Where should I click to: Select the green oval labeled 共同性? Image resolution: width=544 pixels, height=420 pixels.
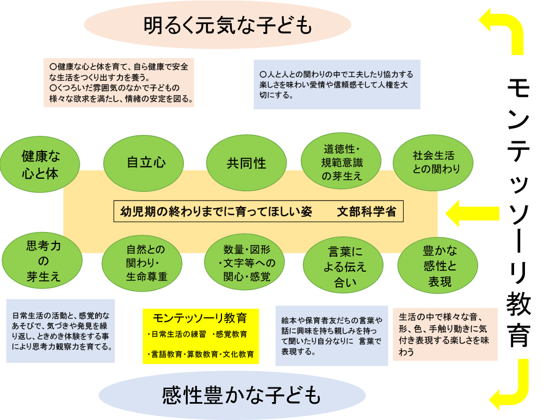coord(246,162)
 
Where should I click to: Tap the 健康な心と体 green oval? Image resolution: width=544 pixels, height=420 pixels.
coord(41,164)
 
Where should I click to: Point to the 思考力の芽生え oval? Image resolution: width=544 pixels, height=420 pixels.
coord(43,261)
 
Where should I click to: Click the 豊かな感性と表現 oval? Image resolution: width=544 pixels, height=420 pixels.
coord(437,265)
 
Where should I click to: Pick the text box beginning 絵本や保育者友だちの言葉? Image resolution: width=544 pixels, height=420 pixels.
coord(332,335)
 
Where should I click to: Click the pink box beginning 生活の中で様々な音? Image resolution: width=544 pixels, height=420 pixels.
coord(444,334)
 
